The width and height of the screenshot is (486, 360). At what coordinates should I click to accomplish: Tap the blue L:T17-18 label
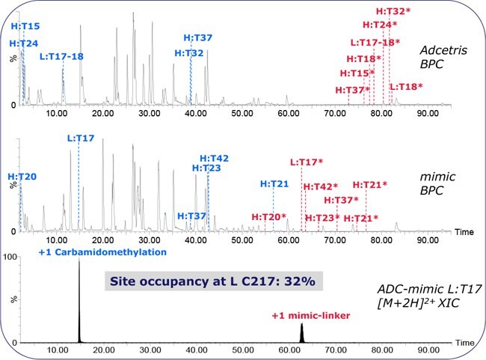[61, 56]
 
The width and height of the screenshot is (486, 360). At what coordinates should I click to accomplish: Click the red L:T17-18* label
[375, 42]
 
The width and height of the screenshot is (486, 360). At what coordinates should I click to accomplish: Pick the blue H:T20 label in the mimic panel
[22, 177]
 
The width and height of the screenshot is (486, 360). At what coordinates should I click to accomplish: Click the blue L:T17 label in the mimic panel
[81, 138]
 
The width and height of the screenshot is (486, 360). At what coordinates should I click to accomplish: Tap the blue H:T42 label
[214, 158]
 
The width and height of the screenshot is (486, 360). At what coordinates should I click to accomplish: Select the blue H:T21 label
[274, 183]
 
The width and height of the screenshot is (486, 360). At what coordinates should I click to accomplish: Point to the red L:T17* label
[307, 162]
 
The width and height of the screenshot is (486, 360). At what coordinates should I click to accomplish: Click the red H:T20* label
[268, 217]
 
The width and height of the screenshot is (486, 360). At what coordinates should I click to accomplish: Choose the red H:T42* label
[320, 186]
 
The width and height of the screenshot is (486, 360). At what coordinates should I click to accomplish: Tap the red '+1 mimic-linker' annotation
[312, 316]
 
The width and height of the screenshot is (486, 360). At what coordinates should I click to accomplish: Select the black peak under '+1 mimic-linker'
[301, 334]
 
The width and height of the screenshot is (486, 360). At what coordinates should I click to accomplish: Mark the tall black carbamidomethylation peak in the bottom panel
[79, 299]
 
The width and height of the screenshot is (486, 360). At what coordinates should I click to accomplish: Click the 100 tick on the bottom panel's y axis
[10, 257]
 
